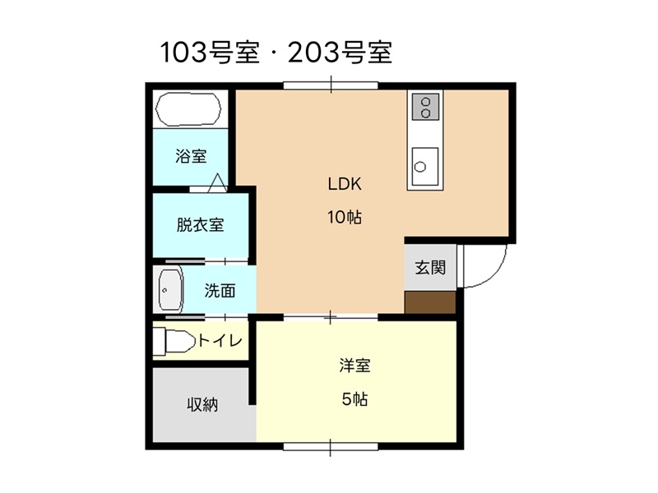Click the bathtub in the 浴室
pos(188,109)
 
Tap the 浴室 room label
pos(191,156)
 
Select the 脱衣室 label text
pos(200,225)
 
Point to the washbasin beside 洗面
pos(171,290)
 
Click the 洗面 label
pos(220,291)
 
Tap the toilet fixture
pos(174,342)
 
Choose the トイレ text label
pos(220,340)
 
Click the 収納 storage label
pos(202,405)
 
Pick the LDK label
pos(345,184)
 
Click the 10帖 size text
pos(345,217)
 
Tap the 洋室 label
pos(354,366)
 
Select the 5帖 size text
pos(354,399)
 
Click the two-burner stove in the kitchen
pos(425,107)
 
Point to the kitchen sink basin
pos(424,167)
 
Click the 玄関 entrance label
pos(430,268)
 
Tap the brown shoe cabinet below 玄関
pos(430,302)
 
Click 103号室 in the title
pos(210,53)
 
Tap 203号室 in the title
pos(341,53)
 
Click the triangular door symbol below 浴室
pos(218,182)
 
